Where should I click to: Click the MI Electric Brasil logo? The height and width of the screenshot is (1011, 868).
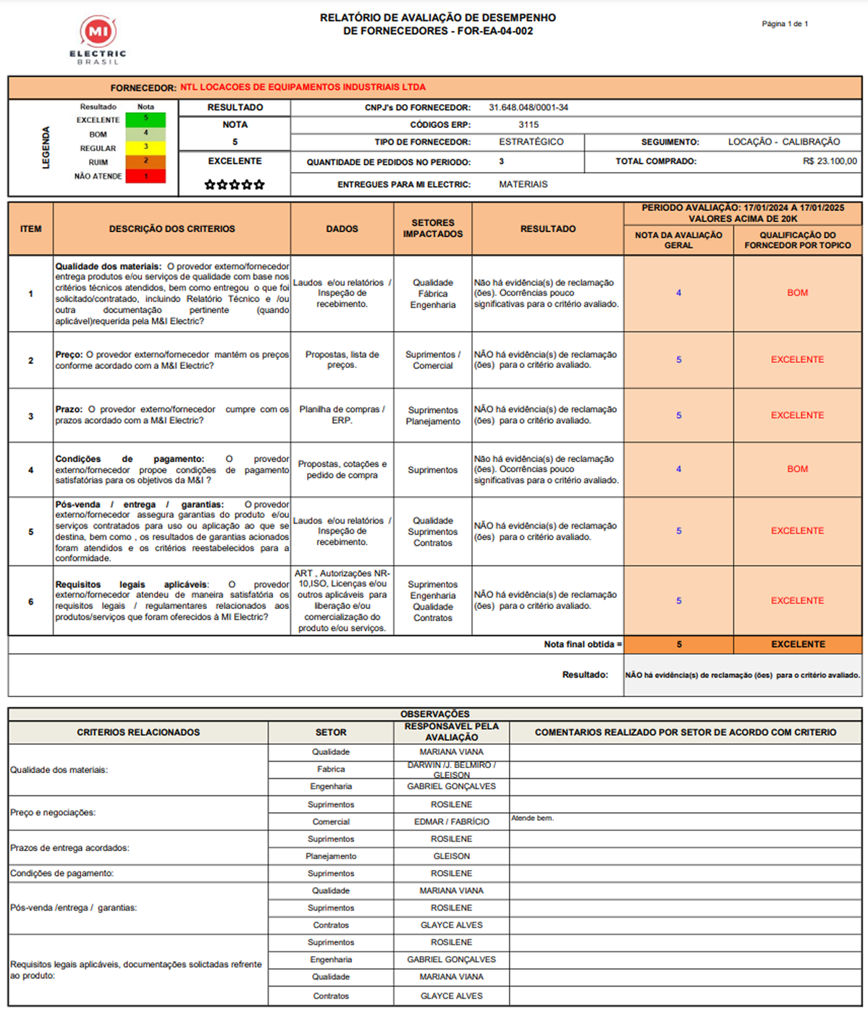coord(98,39)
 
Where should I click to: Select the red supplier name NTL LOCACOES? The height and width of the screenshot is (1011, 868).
coord(303,88)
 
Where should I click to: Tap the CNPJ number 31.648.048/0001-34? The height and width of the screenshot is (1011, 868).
coord(528,108)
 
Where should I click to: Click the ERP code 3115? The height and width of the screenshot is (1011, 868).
coord(528,125)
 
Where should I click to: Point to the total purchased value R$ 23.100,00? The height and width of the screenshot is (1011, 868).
coord(830,161)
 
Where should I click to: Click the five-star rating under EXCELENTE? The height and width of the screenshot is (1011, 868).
coord(235,185)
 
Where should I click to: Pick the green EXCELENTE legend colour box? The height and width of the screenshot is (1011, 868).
coord(146,120)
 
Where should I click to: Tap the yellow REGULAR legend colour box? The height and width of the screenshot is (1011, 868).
coord(146,148)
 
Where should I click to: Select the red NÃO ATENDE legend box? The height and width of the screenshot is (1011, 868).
coord(146,176)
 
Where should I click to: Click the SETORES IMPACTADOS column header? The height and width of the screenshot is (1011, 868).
coord(433,229)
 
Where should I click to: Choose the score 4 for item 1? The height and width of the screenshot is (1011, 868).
coord(678,293)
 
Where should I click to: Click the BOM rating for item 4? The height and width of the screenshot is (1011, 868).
coord(797,469)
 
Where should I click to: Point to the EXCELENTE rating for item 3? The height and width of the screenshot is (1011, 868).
coord(797,415)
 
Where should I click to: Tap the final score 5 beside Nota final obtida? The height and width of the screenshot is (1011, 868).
coord(678,644)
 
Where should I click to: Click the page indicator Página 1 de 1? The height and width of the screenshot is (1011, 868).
coord(785,24)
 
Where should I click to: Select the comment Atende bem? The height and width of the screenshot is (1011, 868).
coord(532,818)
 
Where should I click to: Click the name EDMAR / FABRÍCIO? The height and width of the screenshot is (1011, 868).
coord(451,822)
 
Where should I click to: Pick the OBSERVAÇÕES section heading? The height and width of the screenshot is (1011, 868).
coord(435,714)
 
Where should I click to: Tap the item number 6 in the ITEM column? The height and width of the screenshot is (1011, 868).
coord(30,602)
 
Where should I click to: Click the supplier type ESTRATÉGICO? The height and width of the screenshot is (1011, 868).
coord(531,142)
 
